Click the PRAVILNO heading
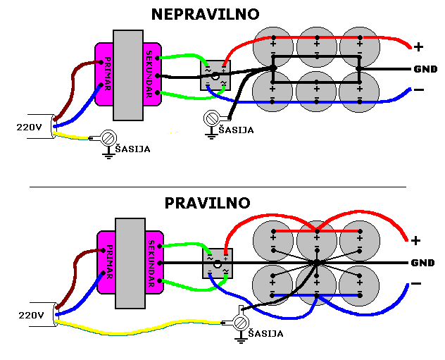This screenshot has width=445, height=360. tap(207, 203)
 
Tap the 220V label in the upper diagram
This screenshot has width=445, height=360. tap(28, 128)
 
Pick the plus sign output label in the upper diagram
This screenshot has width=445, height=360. tap(419, 47)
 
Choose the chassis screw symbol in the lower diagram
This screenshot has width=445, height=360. tap(240, 323)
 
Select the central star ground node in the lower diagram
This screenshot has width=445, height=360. tap(317, 263)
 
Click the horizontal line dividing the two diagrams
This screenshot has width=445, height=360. tap(218, 187)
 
